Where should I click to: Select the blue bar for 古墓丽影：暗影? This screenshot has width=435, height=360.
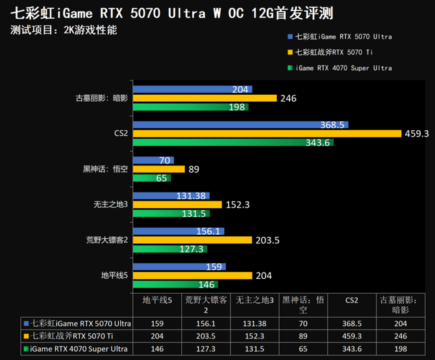coord(192,90)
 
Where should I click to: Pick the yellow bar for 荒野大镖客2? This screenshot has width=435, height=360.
coord(192,240)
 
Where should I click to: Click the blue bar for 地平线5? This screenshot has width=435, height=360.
coord(179,267)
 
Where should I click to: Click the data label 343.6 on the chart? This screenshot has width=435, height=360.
coord(318,143)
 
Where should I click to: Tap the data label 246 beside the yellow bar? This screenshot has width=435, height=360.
coord(289,99)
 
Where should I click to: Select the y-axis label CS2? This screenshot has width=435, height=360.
coord(119,134)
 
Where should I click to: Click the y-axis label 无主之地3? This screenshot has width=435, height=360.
coord(110,204)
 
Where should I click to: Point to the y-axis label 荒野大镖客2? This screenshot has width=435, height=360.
coord(108,240)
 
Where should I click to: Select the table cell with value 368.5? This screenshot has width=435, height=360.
coord(352,323)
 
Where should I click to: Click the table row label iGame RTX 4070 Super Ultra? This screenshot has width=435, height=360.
coord(77,349)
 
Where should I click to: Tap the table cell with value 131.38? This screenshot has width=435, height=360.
coord(255,323)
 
